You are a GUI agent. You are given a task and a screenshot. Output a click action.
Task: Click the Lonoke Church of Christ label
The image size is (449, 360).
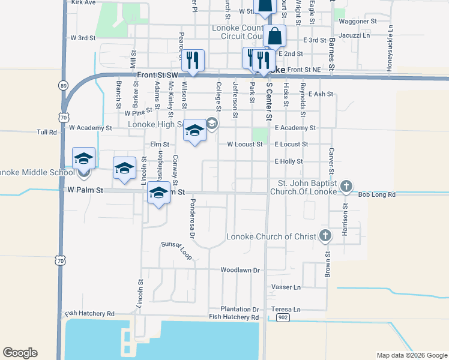pyautogui.click(x=271, y=236)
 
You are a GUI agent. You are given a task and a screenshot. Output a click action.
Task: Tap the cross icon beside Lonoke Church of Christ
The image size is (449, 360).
pyautogui.click(x=325, y=235)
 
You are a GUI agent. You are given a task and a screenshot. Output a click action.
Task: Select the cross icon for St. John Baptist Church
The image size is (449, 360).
pyautogui.click(x=346, y=187)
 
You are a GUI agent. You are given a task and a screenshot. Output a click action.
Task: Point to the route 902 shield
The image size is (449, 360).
pyautogui.click(x=283, y=317)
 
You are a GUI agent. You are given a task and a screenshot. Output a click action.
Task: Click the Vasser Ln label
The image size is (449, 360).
pyautogui.click(x=286, y=287)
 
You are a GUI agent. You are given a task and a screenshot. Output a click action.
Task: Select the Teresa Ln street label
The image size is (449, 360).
pyautogui.click(x=286, y=309)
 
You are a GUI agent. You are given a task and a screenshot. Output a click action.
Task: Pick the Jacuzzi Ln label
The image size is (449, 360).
pyautogui.click(x=354, y=35)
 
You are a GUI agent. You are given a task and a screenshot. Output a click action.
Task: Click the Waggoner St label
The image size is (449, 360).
pyautogui.click(x=357, y=21)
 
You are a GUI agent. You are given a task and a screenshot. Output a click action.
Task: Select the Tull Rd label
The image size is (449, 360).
pyautogui.click(x=46, y=132)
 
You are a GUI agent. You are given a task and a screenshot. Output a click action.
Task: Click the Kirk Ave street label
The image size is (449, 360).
pyautogui.click(x=83, y=3)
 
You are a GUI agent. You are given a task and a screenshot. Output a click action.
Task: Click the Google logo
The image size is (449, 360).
pyautogui.click(x=20, y=353)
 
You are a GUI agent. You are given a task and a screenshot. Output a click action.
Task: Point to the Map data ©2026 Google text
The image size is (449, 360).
pyautogui.click(x=412, y=355)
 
